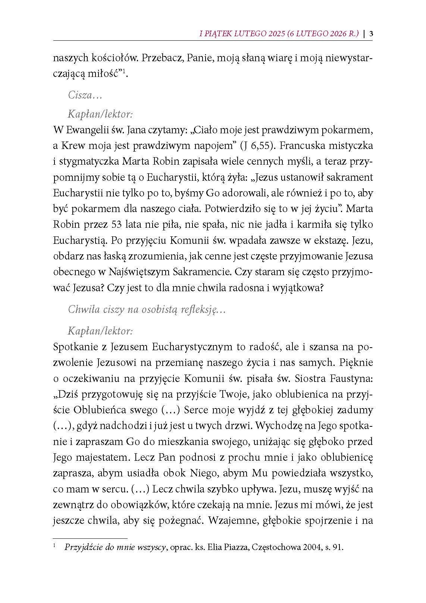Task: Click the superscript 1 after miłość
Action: tap(126, 72)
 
